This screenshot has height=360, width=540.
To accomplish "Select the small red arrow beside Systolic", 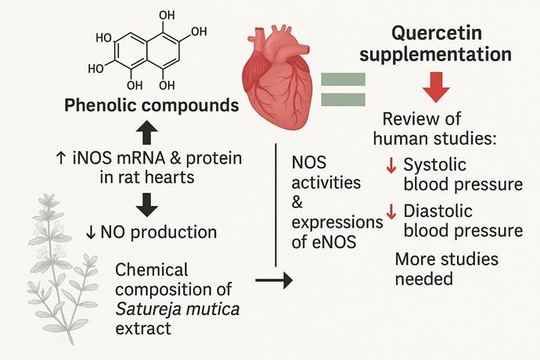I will (391, 165).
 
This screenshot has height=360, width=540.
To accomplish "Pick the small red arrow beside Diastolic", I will (391, 211).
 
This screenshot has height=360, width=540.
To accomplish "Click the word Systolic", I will (434, 165).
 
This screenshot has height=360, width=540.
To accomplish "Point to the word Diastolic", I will (440, 210).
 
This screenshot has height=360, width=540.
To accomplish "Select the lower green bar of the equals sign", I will (342, 99).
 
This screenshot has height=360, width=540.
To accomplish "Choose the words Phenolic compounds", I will (152, 104).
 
